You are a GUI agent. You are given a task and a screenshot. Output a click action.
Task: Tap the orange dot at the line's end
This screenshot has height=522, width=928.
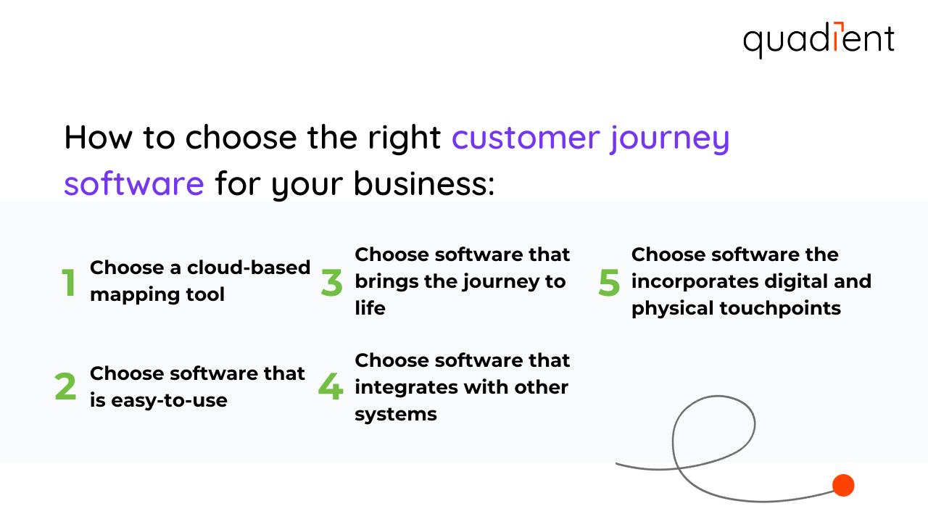pos(843,485)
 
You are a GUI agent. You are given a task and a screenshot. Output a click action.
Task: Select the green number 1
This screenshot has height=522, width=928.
pos(69,283)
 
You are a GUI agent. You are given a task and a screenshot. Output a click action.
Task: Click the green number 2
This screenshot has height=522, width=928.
pos(66,387)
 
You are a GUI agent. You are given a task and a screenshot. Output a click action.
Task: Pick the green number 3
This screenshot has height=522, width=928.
pos(332,283)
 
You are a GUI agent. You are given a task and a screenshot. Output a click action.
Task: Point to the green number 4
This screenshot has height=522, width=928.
pos(331,387)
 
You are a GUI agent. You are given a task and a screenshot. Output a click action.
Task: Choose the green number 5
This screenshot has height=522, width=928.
pos(609,283)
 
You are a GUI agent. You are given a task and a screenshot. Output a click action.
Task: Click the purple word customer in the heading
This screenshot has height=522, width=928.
pos(526,138)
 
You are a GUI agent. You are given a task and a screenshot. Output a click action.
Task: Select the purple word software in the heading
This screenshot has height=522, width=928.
pos(134,183)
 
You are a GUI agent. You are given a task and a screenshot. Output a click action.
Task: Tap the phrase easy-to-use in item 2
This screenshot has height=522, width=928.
pos(169,400)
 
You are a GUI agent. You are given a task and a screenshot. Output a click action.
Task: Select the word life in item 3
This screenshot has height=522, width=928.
pos(370,308)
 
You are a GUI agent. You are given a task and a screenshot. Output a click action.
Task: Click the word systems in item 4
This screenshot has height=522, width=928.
pos(396,414)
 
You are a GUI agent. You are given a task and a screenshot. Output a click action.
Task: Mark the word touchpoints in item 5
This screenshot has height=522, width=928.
pos(780,308)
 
